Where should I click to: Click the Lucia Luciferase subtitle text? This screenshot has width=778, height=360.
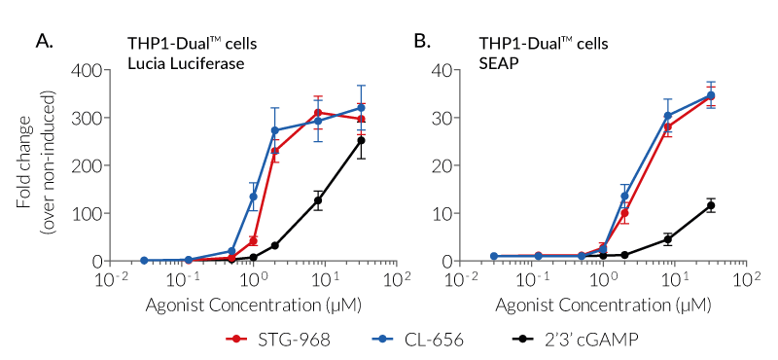188,63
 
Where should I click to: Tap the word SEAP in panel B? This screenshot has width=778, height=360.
495,63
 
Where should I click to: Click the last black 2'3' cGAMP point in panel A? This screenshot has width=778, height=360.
361,140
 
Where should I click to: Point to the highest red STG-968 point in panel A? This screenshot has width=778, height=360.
317,113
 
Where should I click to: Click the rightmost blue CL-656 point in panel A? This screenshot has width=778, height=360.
361,108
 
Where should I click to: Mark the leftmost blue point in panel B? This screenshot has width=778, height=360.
494,256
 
